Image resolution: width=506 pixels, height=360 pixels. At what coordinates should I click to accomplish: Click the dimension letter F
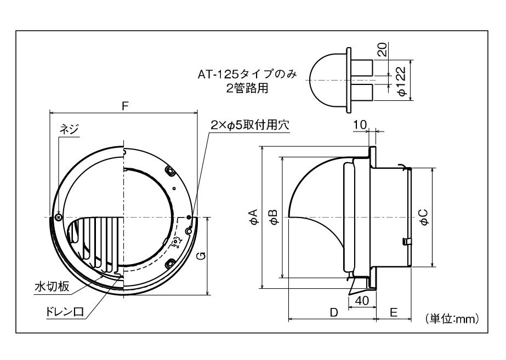coord(126,106)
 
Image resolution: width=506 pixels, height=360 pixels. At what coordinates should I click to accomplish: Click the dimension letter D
coord(333,312)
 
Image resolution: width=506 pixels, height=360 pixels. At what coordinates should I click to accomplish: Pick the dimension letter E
coord(394,312)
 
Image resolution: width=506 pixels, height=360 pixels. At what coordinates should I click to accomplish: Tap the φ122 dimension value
coord(402,82)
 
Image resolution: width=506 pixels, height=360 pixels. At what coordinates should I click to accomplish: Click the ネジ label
coord(69,129)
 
